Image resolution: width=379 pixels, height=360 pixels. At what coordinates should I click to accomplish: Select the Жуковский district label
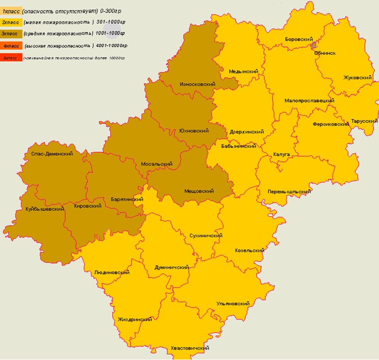(357, 78)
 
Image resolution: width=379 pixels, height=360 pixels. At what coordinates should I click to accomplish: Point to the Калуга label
(281, 154)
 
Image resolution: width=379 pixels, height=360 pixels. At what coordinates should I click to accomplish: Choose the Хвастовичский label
(189, 349)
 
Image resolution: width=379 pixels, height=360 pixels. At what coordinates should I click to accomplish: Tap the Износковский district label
(197, 84)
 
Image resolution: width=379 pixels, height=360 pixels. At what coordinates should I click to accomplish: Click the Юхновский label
(194, 131)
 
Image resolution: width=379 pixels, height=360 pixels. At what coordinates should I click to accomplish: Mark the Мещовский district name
(199, 192)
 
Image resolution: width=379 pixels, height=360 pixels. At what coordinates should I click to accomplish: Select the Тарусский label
(364, 122)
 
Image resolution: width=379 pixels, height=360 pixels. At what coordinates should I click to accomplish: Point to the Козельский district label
(250, 251)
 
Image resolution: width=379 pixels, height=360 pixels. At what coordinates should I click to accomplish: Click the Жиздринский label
(134, 319)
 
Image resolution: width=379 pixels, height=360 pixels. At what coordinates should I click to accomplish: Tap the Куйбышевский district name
(44, 209)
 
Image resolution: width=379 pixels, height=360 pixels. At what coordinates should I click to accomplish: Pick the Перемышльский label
(289, 192)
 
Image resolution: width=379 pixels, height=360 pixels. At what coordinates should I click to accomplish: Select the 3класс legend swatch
(11, 33)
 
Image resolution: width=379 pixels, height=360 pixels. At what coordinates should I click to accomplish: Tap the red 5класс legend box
(11, 58)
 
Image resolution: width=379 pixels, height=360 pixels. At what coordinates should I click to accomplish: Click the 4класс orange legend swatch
(11, 46)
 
